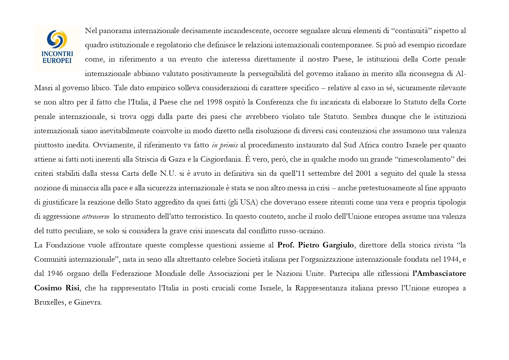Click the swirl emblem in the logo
tap(57, 39)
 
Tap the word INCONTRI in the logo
tap(57, 54)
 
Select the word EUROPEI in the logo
tap(57, 60)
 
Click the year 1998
tap(214, 102)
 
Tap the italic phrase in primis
tap(225, 145)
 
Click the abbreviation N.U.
tap(168, 173)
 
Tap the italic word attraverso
tap(96, 216)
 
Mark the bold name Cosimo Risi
tap(57, 288)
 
